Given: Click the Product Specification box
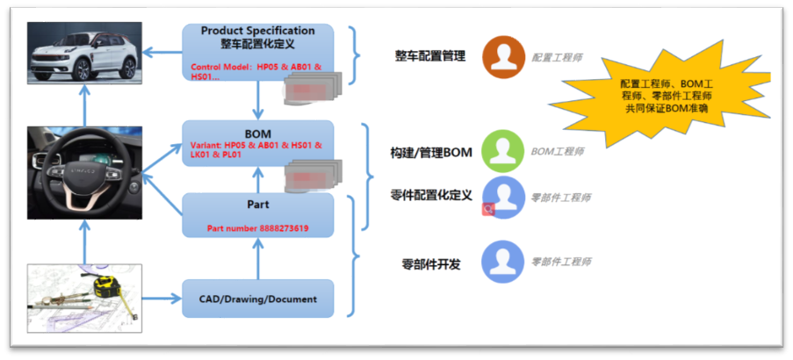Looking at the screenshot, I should click(x=257, y=53).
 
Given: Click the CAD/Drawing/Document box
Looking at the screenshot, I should click(x=257, y=299).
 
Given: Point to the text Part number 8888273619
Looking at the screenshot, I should click(x=257, y=228).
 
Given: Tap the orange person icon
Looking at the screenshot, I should click(x=504, y=57).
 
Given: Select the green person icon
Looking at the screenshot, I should click(x=504, y=151).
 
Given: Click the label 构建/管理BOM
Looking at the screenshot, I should click(x=430, y=153).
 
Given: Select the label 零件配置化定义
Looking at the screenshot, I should click(x=430, y=195).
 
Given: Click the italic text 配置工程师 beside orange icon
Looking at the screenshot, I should click(x=557, y=57).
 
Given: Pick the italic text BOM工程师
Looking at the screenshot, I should click(x=557, y=151).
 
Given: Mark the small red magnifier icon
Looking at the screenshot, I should click(x=488, y=209).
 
